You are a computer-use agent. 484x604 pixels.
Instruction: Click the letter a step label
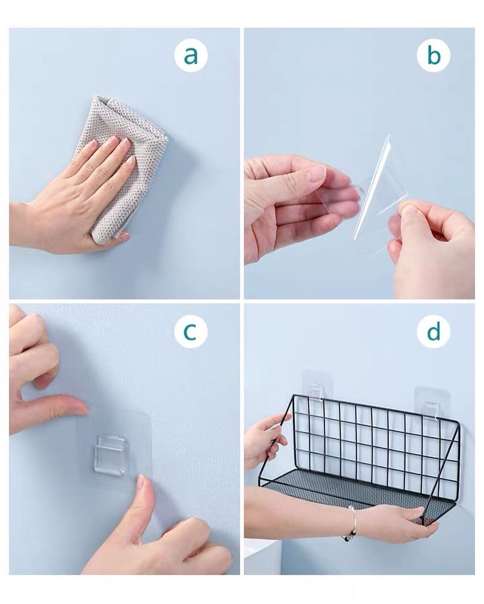coord(190,56)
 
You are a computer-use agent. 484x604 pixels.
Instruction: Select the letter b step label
coord(433,56)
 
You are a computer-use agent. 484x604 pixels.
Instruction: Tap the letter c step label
coord(190,332)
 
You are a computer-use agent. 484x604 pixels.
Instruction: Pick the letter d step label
coord(433,332)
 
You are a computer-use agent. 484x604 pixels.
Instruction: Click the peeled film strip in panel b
coord(371,187)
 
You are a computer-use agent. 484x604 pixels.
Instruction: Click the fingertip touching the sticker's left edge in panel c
coord(82,411)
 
